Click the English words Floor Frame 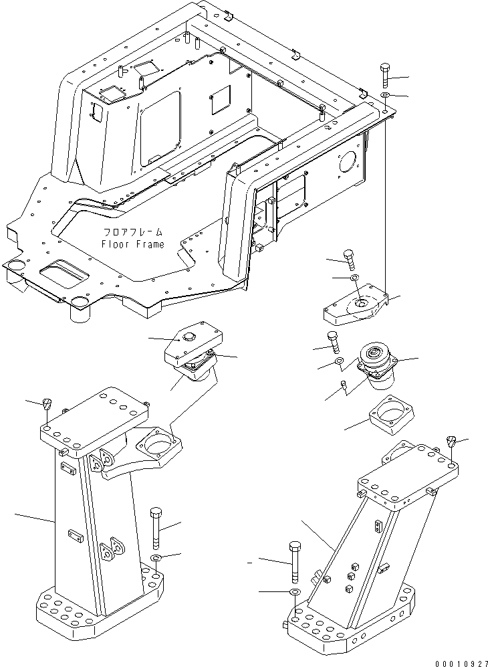(132, 244)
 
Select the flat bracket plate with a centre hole (354, 308)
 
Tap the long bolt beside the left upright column (156, 527)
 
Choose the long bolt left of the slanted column (295, 562)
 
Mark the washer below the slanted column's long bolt (295, 593)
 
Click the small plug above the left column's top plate (47, 403)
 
